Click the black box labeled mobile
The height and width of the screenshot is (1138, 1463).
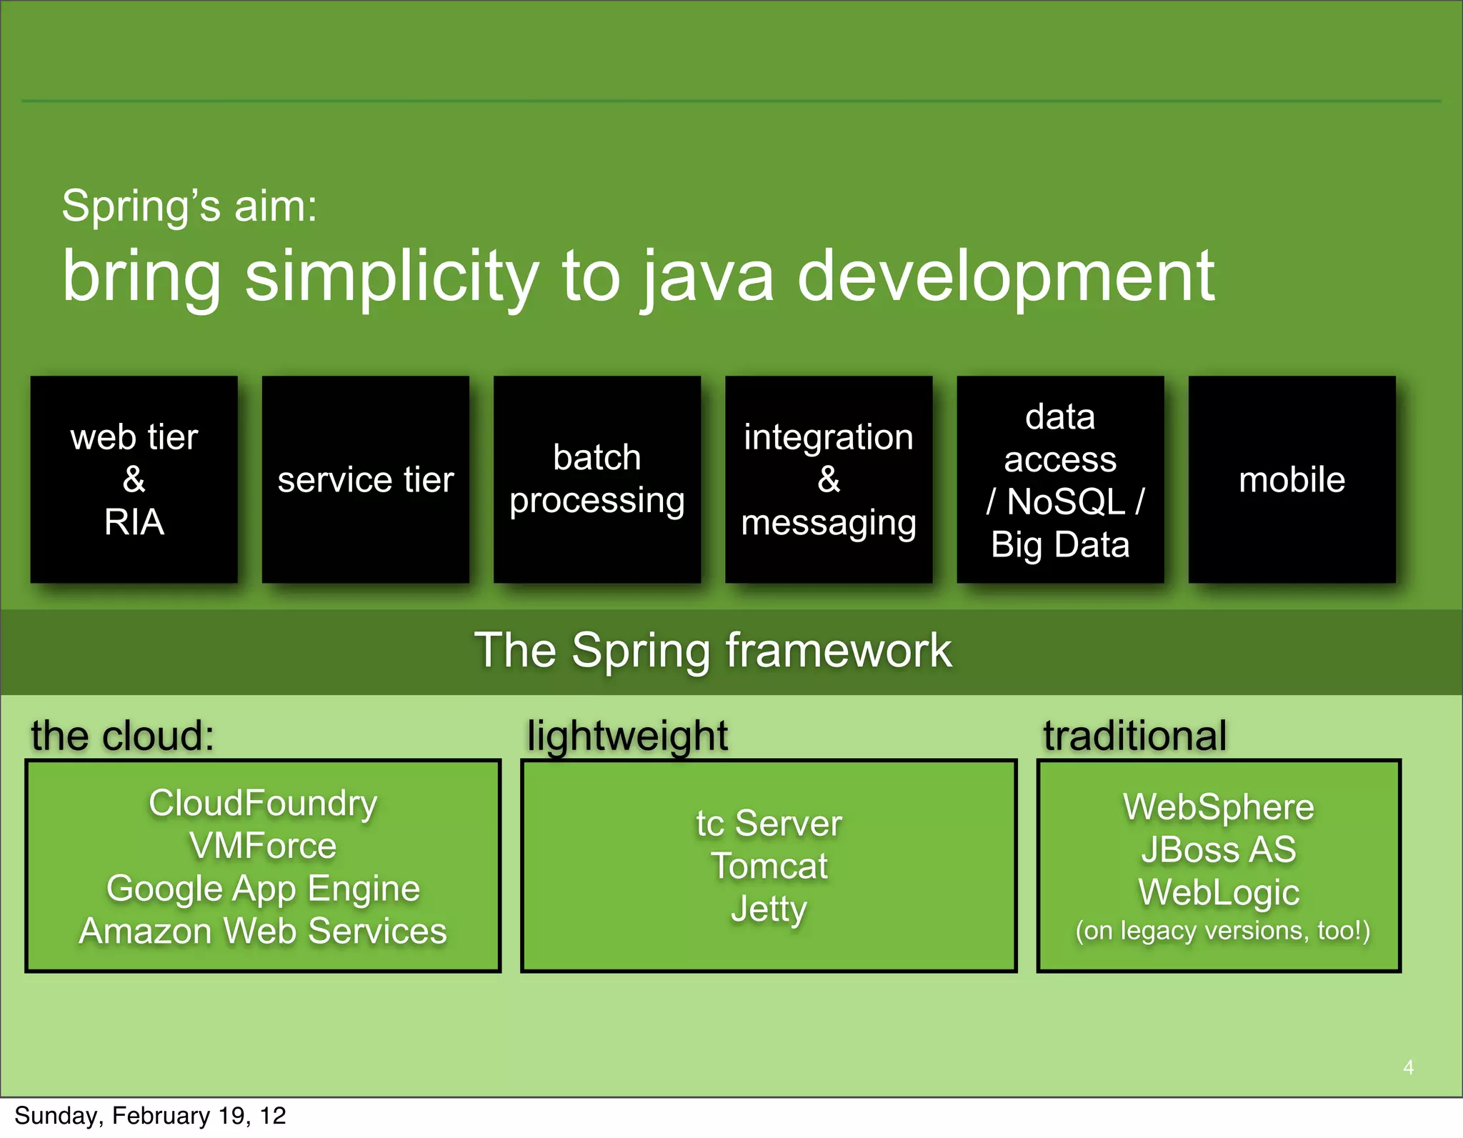1292,479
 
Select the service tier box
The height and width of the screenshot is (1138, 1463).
366,479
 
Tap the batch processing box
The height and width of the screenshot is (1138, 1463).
597,479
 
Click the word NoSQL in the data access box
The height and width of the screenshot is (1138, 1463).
1066,502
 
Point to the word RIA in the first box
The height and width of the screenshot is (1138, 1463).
134,522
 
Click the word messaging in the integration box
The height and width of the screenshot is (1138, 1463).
829,523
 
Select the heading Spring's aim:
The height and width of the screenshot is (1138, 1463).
189,206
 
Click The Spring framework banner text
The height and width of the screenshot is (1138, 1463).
713,651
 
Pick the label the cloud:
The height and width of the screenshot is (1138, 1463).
122,736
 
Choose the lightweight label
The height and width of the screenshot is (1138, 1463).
627,736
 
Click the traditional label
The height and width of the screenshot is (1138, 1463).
1134,736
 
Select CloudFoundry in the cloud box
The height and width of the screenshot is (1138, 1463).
263,803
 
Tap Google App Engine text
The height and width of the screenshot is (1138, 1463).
263,889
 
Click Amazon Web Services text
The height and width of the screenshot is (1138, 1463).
263,932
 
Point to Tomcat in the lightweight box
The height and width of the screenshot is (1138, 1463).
769,867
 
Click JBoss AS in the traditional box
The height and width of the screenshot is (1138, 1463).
1219,850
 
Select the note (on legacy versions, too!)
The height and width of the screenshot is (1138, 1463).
1222,931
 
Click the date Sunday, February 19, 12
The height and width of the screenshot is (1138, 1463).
150,1116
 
